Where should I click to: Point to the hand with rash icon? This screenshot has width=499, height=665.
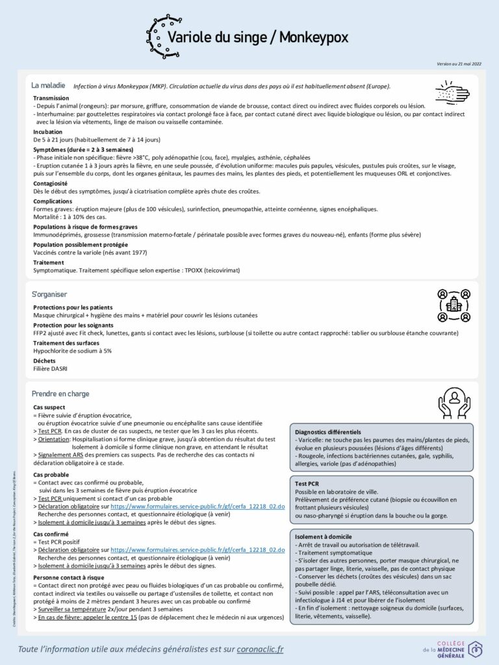(451, 93)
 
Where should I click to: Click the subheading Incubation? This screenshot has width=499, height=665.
(48, 132)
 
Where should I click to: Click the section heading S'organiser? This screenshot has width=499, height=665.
(49, 294)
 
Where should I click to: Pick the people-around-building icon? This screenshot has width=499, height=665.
(453, 305)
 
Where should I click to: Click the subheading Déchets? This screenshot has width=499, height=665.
(44, 360)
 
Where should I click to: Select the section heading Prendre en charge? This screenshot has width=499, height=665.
(60, 394)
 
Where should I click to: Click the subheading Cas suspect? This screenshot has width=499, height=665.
(49, 407)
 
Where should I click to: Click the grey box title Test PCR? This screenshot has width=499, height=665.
(307, 484)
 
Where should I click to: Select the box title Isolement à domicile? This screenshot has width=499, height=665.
(324, 537)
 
